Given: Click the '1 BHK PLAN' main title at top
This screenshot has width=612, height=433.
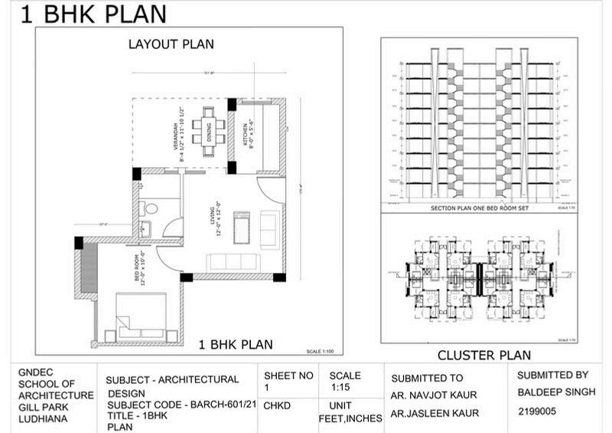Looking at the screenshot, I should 93,15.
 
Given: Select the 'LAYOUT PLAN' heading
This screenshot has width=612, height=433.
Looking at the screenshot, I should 171,44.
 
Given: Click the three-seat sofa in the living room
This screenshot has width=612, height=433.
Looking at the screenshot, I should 234,261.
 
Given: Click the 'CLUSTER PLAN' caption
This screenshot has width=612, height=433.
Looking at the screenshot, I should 483,356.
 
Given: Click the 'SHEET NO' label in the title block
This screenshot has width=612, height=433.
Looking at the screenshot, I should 289,376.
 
